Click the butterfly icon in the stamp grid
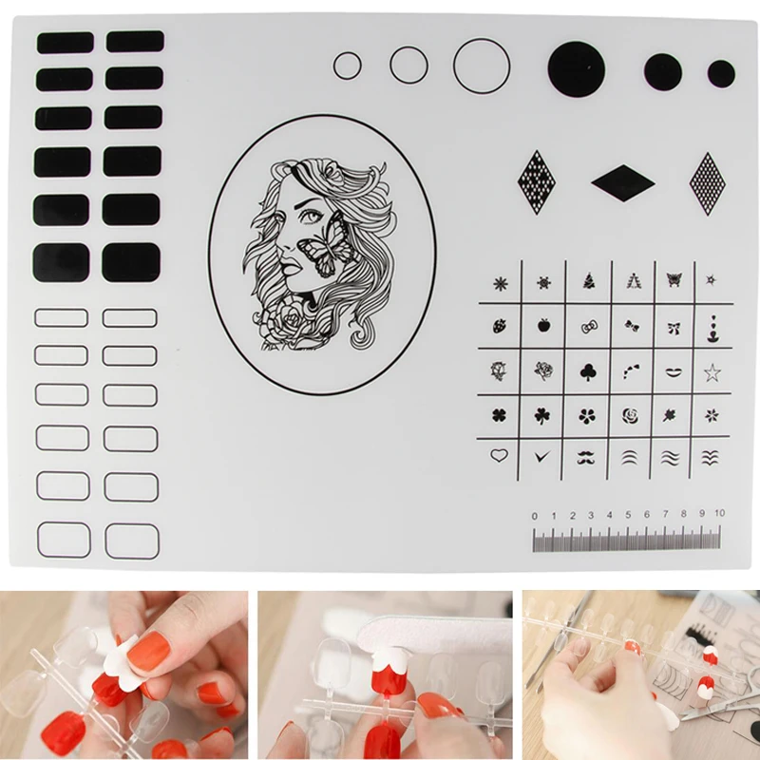(674, 280)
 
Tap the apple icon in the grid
(543, 326)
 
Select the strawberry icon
(500, 326)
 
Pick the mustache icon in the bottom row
(586, 457)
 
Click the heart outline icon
(499, 456)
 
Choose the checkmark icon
(542, 457)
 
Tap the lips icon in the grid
(672, 370)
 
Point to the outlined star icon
(712, 371)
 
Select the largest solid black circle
(577, 68)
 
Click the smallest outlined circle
(348, 66)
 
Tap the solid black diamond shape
(623, 181)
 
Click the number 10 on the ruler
(719, 514)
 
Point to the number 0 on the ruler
(535, 515)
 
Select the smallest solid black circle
(721, 73)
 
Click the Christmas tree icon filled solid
(587, 280)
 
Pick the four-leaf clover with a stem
(543, 415)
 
